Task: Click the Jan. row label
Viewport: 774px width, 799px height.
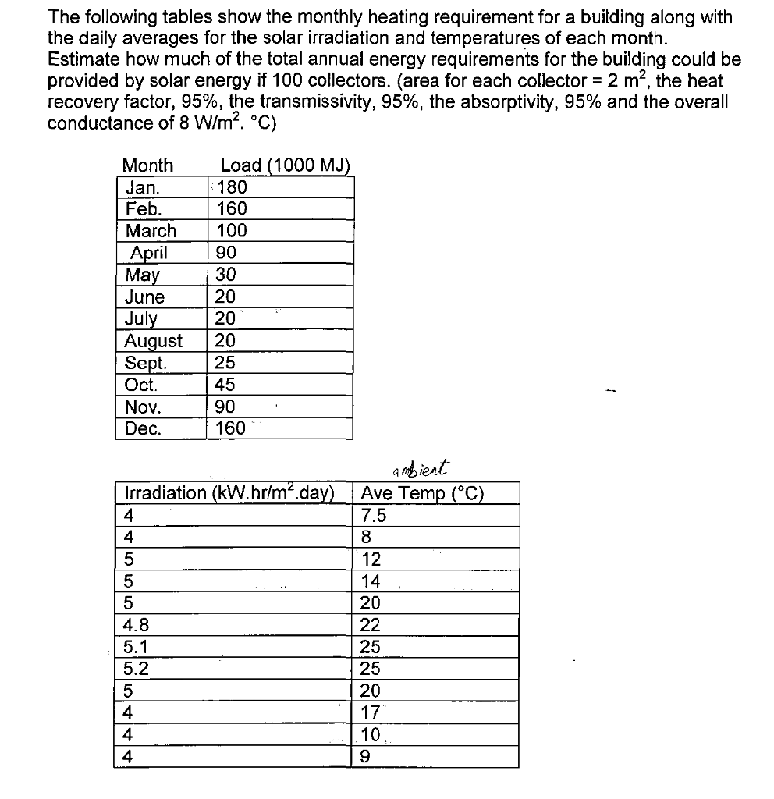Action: (x=143, y=187)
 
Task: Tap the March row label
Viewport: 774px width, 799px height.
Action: (x=151, y=231)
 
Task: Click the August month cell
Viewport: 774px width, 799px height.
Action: (x=154, y=341)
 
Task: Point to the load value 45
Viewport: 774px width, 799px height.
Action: (x=225, y=385)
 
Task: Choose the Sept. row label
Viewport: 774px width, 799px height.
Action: (x=146, y=363)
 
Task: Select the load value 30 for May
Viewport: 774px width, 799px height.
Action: (x=225, y=275)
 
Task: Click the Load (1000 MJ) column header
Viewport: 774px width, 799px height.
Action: (x=286, y=165)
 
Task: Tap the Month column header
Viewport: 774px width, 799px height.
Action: (x=148, y=165)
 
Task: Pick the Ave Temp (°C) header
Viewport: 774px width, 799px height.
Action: (x=423, y=493)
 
